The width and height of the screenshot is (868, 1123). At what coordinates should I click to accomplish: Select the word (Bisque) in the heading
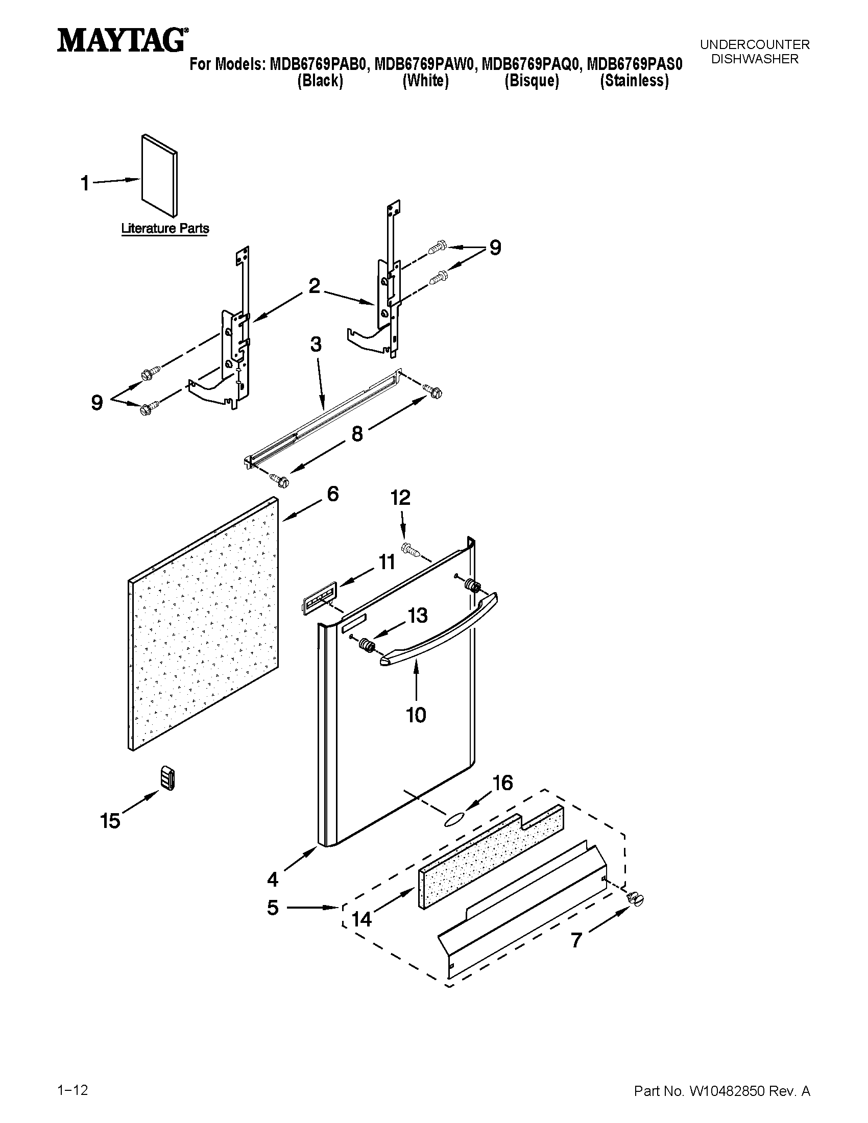(x=531, y=81)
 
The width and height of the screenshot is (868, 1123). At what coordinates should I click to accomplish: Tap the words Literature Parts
(x=164, y=228)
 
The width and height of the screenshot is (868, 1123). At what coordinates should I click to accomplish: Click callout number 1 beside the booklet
(x=85, y=183)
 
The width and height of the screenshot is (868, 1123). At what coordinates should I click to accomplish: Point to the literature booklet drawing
(x=159, y=176)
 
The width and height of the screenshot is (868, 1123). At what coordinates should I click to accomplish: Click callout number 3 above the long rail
(x=316, y=344)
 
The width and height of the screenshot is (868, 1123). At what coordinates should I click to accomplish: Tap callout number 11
(x=387, y=562)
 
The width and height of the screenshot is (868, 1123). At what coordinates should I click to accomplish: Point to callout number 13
(x=418, y=615)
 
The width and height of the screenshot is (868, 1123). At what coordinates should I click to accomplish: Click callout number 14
(x=361, y=918)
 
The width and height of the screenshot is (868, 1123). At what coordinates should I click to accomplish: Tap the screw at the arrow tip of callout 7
(x=636, y=898)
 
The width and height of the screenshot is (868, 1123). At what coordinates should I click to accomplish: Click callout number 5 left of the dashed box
(x=273, y=908)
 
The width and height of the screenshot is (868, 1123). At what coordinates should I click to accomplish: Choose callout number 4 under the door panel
(x=273, y=880)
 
